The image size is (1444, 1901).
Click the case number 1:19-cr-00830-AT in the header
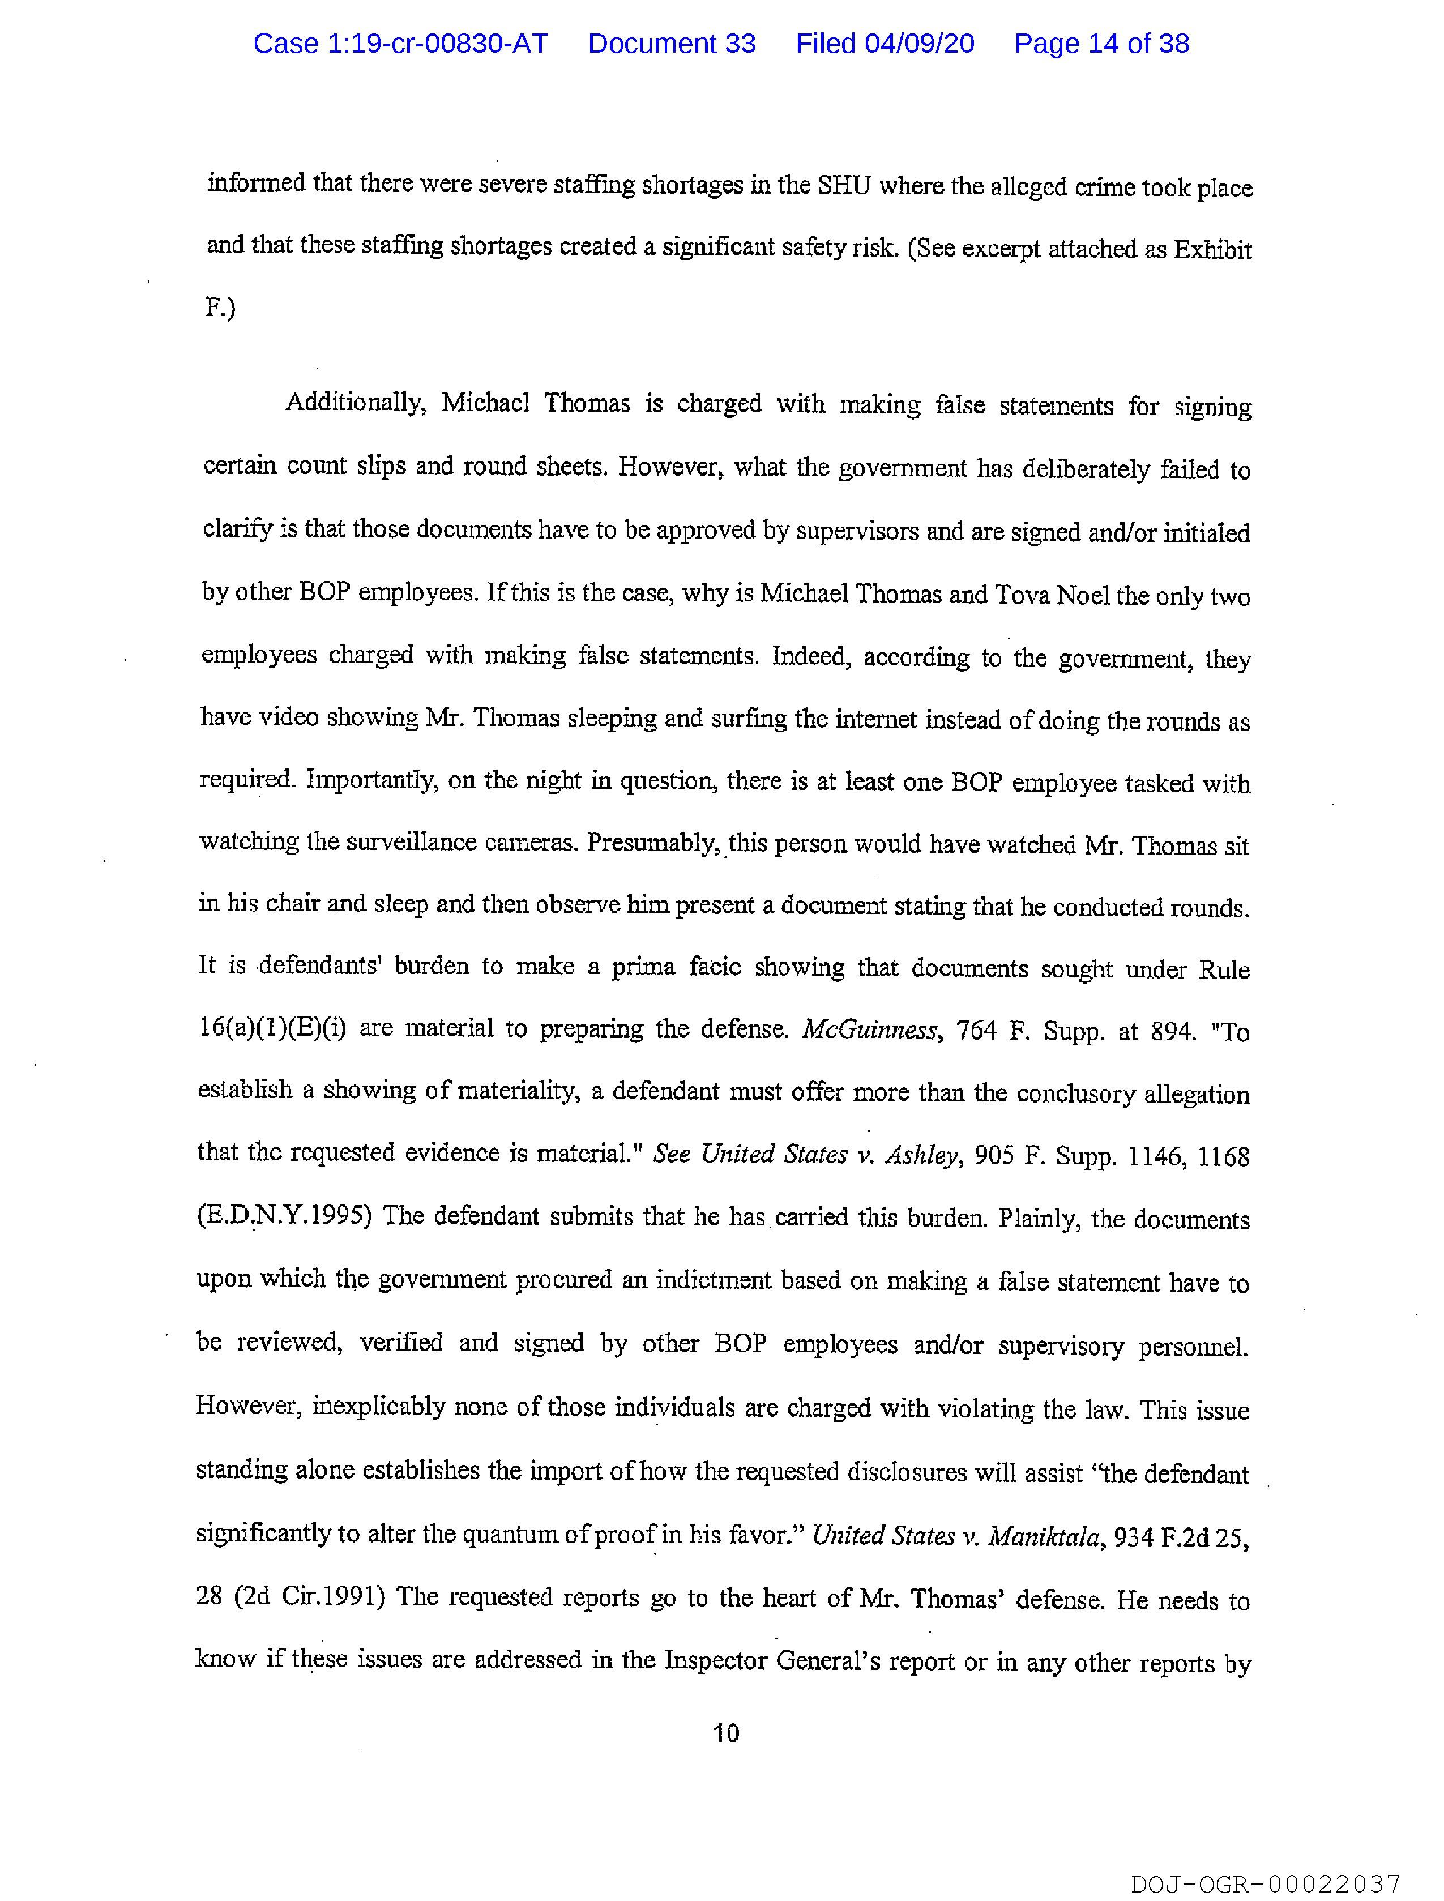point(400,44)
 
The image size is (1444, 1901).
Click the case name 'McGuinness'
point(868,1029)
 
